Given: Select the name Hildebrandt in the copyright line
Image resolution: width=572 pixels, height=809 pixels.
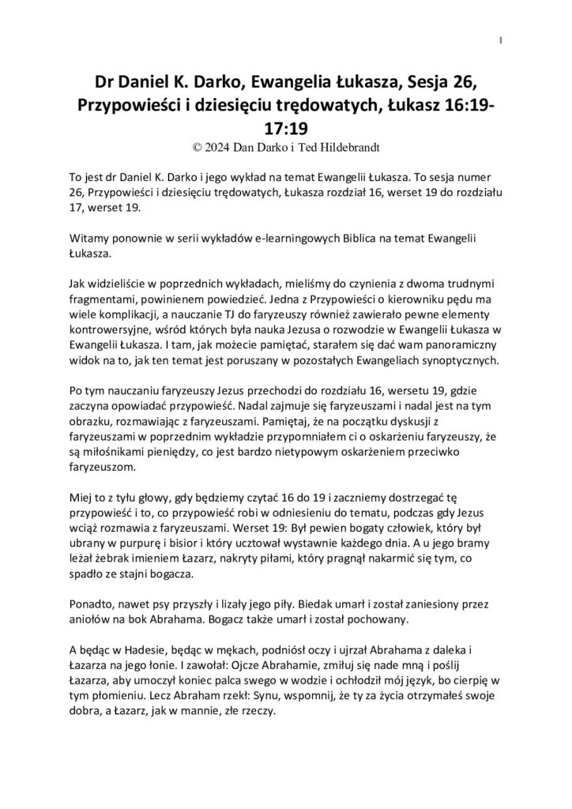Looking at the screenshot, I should [x=344, y=146].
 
